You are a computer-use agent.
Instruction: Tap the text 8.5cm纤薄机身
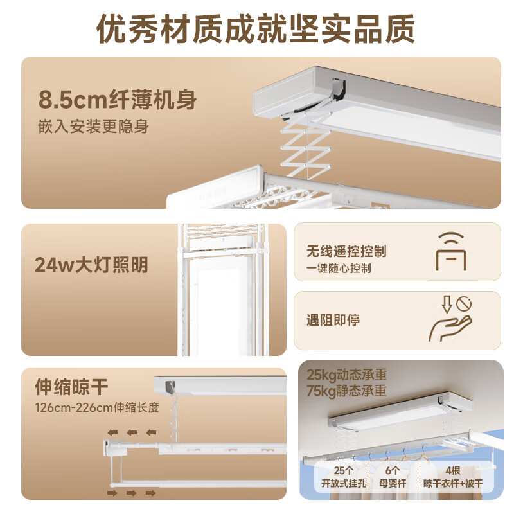point(118,100)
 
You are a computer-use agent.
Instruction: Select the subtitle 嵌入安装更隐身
point(94,126)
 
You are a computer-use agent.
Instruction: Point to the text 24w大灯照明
point(92,264)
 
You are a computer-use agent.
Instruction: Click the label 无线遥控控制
point(347,251)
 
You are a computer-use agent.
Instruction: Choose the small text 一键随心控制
point(339,269)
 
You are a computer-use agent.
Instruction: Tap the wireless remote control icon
point(452,251)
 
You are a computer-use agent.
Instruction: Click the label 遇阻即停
point(333,320)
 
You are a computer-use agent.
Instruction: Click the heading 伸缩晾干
point(72,387)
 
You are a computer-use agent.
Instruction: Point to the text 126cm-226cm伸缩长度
point(96,407)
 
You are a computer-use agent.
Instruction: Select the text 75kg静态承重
point(346,391)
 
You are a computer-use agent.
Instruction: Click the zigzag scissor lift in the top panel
point(307,144)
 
